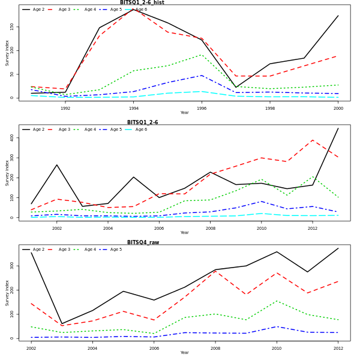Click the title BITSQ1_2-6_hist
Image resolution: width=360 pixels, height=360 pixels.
click(x=142, y=2)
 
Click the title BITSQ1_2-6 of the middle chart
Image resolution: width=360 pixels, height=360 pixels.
click(x=142, y=122)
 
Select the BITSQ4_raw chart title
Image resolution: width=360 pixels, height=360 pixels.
click(x=143, y=242)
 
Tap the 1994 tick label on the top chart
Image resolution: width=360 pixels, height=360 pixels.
click(x=134, y=109)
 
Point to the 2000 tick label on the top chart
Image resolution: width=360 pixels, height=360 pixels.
click(x=338, y=109)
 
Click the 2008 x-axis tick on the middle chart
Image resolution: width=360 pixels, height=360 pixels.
click(x=210, y=229)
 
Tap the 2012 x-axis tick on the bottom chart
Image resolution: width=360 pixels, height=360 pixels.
click(x=338, y=349)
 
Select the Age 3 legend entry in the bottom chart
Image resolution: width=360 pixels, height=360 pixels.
click(x=64, y=250)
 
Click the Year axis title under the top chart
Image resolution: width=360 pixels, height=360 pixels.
click(x=184, y=113)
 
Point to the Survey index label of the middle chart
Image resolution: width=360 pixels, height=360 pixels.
click(x=7, y=173)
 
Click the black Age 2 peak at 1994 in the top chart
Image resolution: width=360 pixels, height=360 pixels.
click(x=134, y=9)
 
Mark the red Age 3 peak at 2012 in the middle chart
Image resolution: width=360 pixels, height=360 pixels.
click(x=313, y=140)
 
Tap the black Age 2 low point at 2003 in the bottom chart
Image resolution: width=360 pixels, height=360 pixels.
click(x=62, y=324)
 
